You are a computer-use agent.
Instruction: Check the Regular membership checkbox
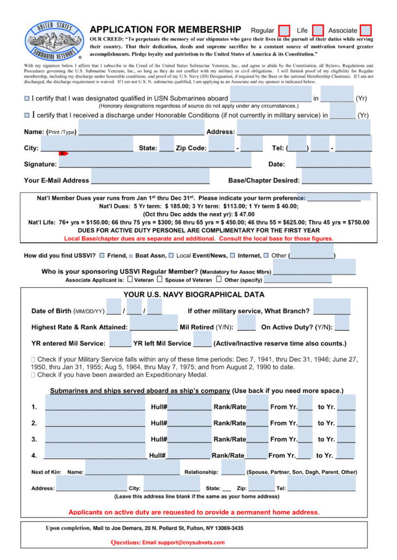(284, 31)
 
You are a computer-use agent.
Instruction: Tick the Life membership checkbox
(318, 31)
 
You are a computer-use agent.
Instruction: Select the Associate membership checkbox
(366, 31)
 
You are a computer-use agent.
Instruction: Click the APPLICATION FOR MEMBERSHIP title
(165, 30)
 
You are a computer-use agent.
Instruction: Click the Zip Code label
(191, 148)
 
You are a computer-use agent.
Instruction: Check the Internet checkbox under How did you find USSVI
(232, 255)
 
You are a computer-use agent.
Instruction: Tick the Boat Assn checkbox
(131, 256)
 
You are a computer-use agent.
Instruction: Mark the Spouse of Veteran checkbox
(160, 279)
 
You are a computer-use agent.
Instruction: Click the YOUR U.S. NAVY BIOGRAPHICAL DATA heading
(194, 295)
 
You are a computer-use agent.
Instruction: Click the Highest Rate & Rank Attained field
(154, 326)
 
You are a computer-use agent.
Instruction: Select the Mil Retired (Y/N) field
(246, 326)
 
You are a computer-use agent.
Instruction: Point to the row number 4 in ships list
(34, 456)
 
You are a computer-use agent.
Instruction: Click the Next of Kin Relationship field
(233, 471)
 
